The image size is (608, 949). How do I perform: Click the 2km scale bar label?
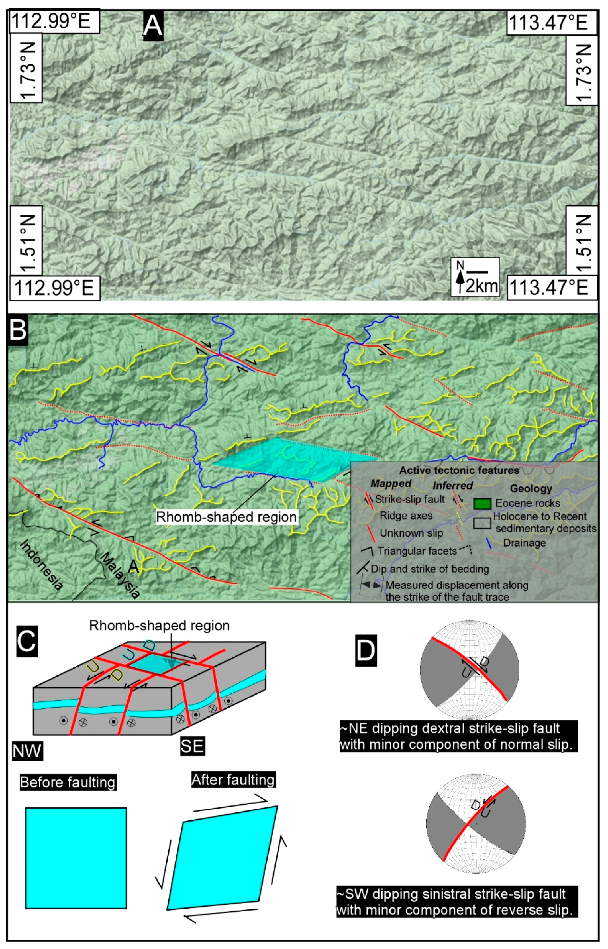482,286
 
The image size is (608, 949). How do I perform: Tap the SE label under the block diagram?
192,746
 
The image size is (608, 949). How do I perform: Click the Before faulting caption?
68,782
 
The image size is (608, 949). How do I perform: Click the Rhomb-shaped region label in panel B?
226,517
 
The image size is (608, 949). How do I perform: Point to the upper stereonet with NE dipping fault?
470,670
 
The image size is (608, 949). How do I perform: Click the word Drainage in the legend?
524,543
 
